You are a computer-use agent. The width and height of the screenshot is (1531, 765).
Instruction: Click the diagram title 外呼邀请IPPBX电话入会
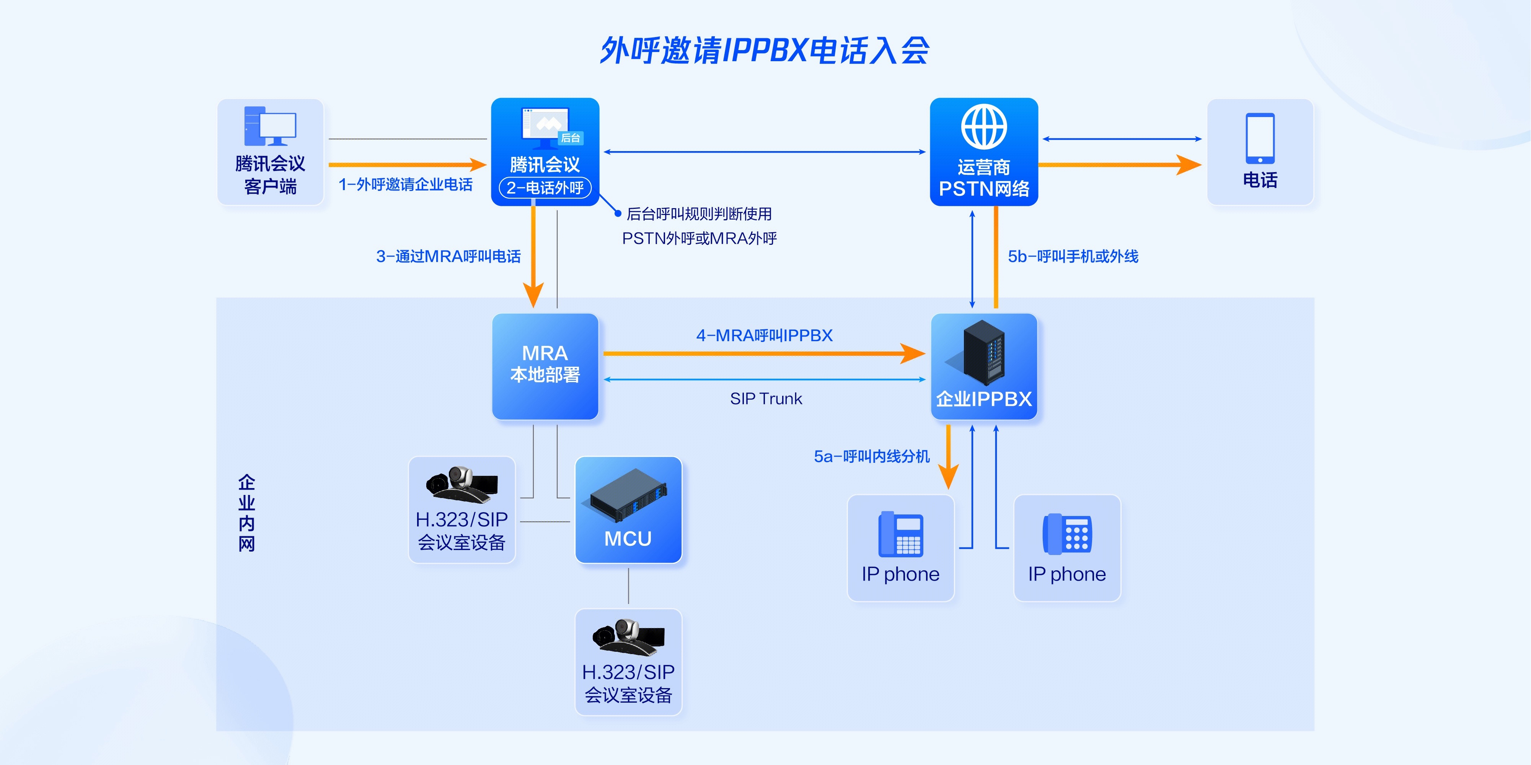[765, 50]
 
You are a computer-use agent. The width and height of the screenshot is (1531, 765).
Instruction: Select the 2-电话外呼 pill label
[545, 188]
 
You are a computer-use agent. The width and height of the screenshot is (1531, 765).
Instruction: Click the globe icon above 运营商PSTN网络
[984, 127]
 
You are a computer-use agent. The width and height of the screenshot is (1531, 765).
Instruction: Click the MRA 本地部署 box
[545, 366]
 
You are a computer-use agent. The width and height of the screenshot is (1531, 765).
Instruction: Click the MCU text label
[628, 539]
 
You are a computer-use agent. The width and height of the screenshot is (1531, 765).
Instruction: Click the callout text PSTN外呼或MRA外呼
[699, 239]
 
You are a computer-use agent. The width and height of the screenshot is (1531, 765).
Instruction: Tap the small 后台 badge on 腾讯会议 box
[571, 138]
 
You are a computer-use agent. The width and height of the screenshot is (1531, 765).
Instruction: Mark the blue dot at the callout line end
[618, 213]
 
